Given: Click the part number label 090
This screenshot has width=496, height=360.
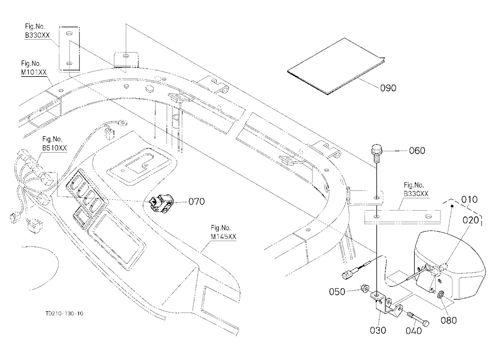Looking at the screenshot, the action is click(x=388, y=88).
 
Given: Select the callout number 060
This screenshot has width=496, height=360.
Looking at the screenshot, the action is click(x=417, y=151).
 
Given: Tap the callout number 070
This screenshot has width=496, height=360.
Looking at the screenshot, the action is click(x=196, y=201).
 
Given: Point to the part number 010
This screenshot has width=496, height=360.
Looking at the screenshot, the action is click(x=469, y=200).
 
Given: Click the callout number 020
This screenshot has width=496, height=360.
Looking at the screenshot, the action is click(x=471, y=220).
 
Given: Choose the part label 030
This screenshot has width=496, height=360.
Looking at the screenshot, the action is click(x=378, y=330).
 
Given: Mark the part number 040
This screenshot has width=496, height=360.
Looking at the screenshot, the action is click(x=414, y=331).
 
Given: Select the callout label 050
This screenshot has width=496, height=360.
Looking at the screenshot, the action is click(x=337, y=292).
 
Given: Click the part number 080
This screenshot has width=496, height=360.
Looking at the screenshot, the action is click(x=449, y=320).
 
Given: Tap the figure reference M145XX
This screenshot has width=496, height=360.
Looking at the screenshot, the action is click(x=223, y=237).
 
